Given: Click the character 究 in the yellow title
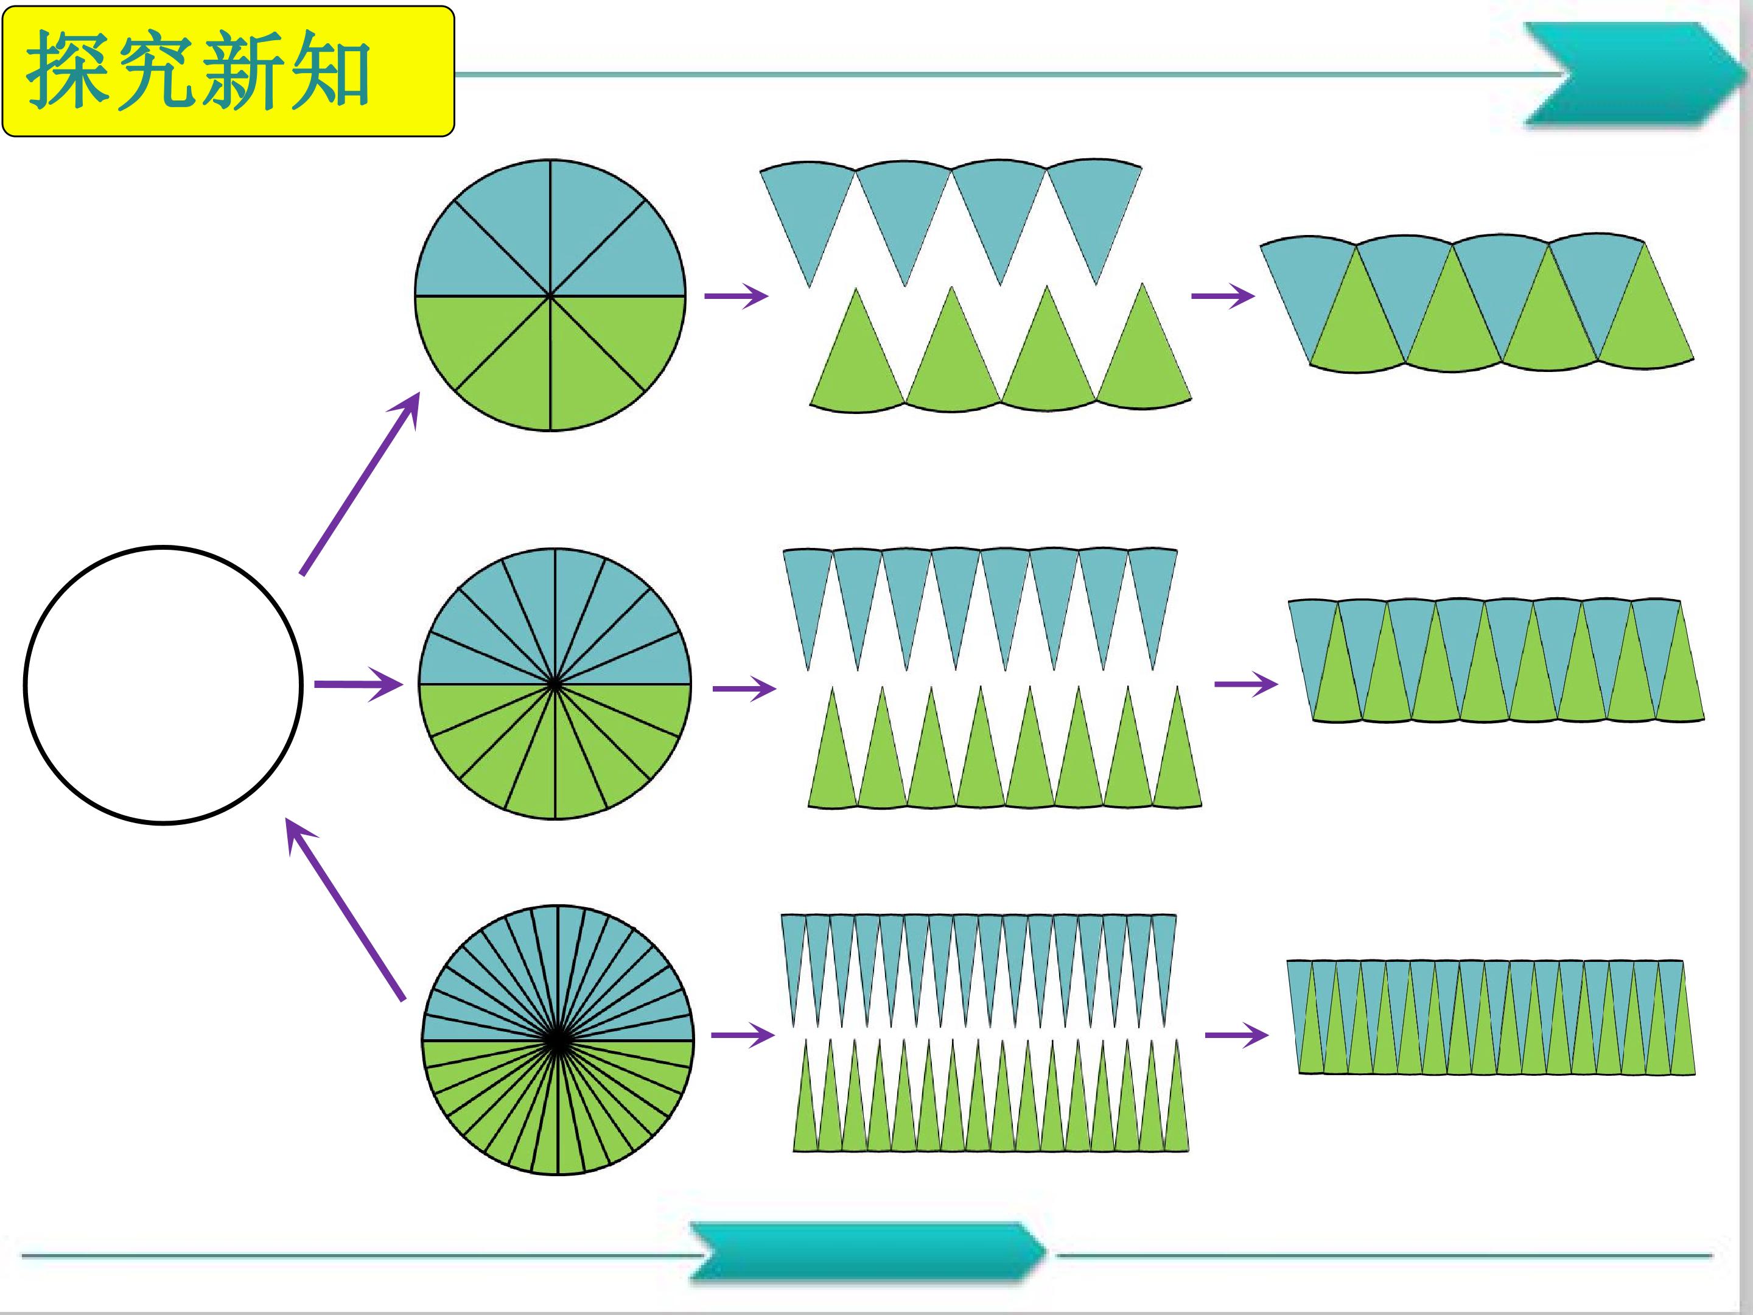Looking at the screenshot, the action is click(x=154, y=71).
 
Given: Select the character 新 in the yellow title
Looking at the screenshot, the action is click(x=242, y=71).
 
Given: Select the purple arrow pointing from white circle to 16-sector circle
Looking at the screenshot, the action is click(x=358, y=684).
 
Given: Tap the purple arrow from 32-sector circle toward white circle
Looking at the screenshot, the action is click(x=346, y=909).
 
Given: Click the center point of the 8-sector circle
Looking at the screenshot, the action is click(x=550, y=296).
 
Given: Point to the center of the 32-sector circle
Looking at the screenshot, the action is click(x=558, y=1040).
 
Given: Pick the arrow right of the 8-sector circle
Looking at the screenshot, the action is click(x=737, y=296).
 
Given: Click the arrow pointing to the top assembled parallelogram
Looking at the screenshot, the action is click(x=1223, y=296).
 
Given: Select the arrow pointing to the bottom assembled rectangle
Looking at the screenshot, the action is click(x=1236, y=1035).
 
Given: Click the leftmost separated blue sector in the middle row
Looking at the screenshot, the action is click(x=808, y=598).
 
